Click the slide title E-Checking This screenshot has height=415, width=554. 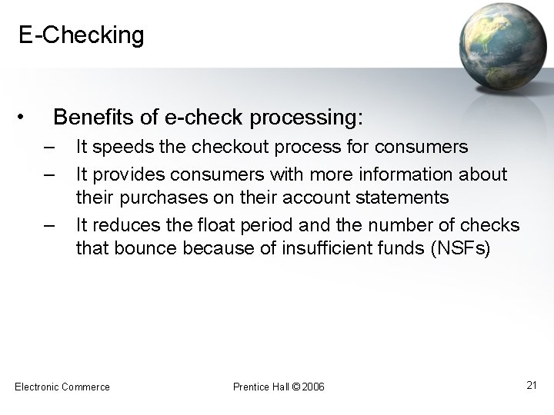click(x=82, y=35)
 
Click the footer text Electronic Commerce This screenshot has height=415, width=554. click(x=62, y=386)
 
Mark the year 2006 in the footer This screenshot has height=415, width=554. click(x=314, y=386)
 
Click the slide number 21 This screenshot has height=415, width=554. click(x=531, y=384)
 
